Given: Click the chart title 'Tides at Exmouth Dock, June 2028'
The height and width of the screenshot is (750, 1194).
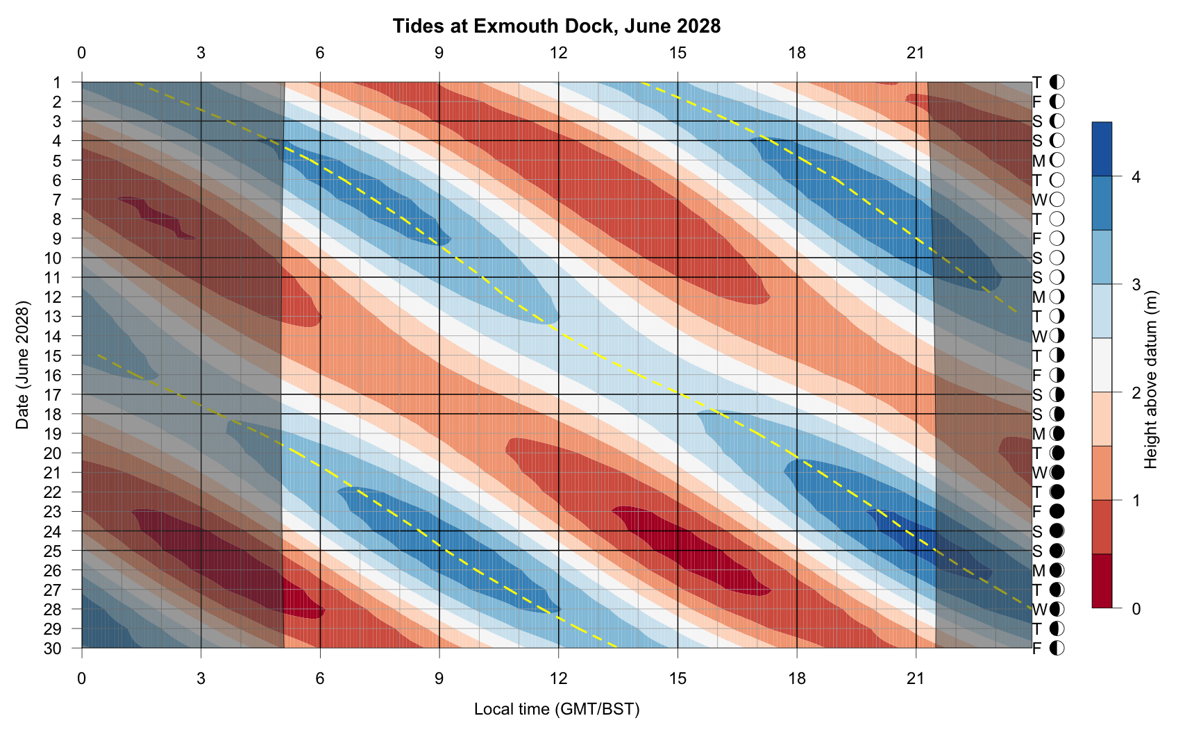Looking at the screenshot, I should tap(556, 26).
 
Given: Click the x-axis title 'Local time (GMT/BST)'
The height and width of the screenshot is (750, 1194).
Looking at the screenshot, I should tap(556, 709).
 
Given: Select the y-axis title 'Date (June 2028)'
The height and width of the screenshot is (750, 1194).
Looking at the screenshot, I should tap(23, 365).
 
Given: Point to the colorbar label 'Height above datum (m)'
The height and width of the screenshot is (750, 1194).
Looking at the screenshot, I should tap(1151, 379).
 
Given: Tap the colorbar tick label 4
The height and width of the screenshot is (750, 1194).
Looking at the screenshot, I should tap(1136, 177).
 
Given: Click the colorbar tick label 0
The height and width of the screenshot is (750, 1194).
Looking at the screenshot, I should tap(1136, 609).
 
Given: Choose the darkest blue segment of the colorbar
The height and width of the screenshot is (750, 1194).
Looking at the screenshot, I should tap(1102, 149).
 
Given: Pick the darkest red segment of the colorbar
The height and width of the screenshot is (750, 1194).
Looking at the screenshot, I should tap(1102, 581).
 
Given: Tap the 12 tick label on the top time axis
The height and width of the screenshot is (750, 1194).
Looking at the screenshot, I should tap(558, 53).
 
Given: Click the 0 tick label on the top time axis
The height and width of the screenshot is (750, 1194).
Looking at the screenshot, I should tap(82, 53).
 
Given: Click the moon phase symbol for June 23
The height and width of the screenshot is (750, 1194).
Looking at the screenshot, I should tap(1057, 512).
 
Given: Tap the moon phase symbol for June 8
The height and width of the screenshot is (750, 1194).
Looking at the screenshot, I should tap(1057, 219).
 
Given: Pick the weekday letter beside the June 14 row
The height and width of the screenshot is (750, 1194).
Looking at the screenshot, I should tap(1039, 337).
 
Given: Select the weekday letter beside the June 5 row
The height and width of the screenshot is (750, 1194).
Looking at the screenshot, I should tap(1039, 161).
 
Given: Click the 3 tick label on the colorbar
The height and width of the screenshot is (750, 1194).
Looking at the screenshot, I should tap(1136, 285).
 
